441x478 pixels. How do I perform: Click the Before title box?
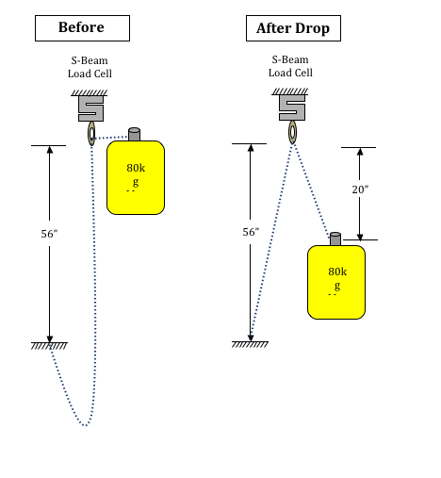tap(82, 28)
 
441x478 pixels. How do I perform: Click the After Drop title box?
tap(293, 28)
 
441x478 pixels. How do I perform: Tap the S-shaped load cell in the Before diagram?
tap(90, 108)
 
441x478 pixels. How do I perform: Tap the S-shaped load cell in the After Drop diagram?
tap(292, 107)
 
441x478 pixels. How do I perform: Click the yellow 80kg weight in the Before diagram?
tap(136, 177)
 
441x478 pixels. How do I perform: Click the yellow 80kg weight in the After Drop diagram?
tap(336, 282)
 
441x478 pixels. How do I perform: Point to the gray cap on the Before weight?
tap(134, 134)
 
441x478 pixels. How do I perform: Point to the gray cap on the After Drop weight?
tap(335, 239)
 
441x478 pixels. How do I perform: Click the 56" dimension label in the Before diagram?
tap(49, 234)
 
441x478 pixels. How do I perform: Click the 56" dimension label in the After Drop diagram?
tap(251, 232)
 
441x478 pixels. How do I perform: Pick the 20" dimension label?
tap(360, 190)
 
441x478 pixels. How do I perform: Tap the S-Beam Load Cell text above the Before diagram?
tap(90, 67)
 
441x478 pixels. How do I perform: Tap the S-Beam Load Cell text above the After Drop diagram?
tap(290, 66)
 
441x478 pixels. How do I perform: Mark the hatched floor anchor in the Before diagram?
tap(49, 346)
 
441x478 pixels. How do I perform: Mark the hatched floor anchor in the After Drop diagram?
tap(250, 344)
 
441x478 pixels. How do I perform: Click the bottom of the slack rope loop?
tap(85, 425)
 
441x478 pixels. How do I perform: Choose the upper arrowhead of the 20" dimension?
tap(360, 151)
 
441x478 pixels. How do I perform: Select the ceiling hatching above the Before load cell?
tap(90, 92)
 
